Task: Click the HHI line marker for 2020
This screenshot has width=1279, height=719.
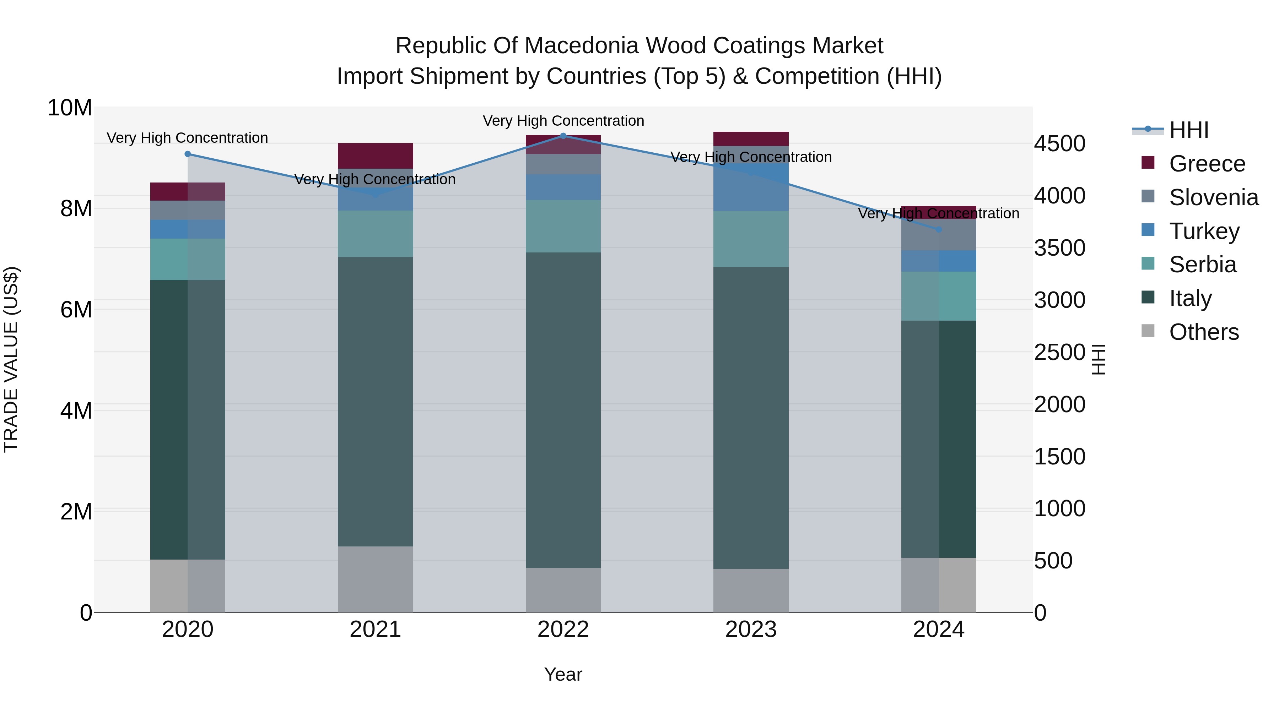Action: point(187,154)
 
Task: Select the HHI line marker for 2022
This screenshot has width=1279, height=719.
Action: point(563,136)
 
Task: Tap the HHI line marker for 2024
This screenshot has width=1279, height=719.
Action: point(938,230)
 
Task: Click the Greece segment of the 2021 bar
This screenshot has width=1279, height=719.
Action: point(376,156)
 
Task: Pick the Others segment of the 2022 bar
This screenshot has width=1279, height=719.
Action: point(563,590)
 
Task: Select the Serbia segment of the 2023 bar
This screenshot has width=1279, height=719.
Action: point(751,239)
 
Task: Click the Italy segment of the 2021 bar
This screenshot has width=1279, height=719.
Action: point(376,402)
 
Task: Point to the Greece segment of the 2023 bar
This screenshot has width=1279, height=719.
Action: point(751,138)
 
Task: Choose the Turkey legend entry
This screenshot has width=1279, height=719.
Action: point(1204,231)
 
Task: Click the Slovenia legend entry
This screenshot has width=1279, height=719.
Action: point(1214,197)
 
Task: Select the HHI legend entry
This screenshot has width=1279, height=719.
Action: point(1189,130)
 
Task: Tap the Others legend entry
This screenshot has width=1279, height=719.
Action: point(1204,332)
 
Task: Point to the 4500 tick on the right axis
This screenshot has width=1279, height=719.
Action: point(1059,144)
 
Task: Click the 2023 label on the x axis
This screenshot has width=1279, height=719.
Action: point(751,630)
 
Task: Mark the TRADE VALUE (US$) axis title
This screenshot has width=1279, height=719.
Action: point(11,359)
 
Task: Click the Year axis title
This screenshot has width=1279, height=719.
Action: point(563,674)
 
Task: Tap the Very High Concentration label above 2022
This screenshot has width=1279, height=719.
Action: point(563,121)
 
